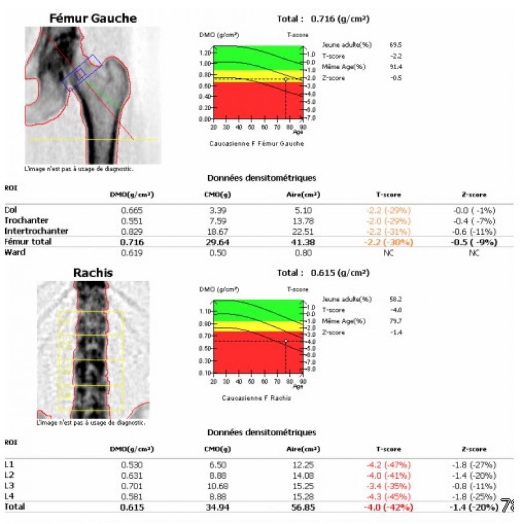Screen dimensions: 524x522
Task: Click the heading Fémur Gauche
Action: click(x=93, y=18)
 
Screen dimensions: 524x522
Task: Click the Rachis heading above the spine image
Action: click(x=92, y=272)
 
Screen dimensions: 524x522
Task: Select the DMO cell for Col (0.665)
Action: click(x=132, y=210)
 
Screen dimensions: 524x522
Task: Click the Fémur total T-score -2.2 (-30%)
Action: click(x=389, y=242)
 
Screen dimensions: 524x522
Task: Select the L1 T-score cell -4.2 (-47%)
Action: click(x=389, y=464)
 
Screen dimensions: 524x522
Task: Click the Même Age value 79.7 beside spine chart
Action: click(x=396, y=321)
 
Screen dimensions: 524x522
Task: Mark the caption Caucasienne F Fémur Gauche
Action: click(x=257, y=143)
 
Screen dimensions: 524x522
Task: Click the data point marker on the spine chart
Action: click(x=286, y=341)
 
